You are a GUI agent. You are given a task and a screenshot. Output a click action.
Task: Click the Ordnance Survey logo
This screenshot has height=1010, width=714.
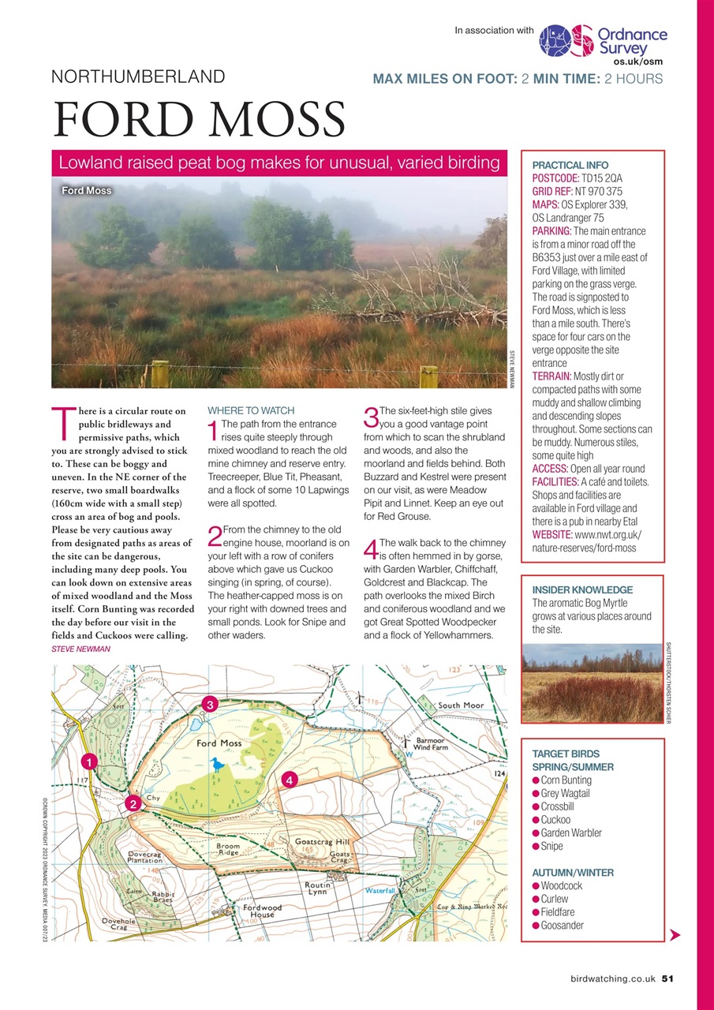coord(604,43)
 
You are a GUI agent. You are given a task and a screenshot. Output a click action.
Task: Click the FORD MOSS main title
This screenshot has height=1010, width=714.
coord(199,120)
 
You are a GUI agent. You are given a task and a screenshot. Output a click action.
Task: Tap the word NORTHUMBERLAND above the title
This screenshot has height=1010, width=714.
coord(138,77)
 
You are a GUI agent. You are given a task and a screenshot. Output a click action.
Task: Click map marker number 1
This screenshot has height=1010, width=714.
coord(90,762)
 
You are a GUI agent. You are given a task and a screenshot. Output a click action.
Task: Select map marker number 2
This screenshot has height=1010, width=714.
coord(133,803)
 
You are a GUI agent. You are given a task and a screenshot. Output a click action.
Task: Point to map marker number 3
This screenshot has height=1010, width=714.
coord(209,704)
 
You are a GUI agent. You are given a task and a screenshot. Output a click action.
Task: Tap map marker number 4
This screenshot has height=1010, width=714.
coord(290,780)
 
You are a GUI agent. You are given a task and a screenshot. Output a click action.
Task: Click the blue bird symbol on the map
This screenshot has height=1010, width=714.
coord(217,764)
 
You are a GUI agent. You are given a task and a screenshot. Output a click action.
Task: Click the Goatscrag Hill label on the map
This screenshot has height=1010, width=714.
coord(321,841)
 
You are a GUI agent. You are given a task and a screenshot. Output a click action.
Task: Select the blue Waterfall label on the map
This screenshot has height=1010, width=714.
coord(385,890)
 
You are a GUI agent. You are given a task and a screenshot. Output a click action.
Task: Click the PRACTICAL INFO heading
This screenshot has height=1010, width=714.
coord(570,166)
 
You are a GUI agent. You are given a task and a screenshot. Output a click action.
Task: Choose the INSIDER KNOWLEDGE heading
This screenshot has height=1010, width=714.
coord(582,589)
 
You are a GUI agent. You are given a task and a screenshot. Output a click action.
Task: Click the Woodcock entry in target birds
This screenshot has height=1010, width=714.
coord(562,886)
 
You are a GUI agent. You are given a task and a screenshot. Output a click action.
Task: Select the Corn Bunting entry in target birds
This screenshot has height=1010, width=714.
coord(566,780)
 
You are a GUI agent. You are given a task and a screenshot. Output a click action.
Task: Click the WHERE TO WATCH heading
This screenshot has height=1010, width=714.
coord(250,410)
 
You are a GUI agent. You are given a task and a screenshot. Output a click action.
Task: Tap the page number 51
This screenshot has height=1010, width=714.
coord(667,978)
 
